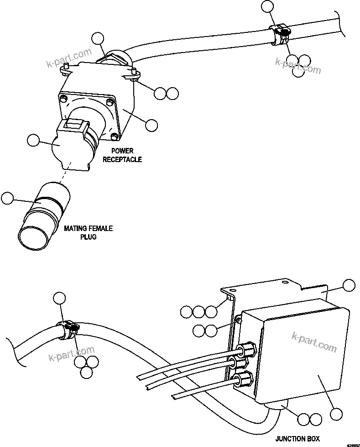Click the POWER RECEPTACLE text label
click(x=122, y=155)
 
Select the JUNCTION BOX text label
click(x=297, y=438)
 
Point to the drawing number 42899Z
click(x=352, y=444)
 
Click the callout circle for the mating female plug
click(x=8, y=198)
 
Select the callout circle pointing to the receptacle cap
click(x=33, y=141)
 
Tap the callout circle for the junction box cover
click(x=337, y=414)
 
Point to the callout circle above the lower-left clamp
click(x=59, y=299)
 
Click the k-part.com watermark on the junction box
click(x=314, y=342)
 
